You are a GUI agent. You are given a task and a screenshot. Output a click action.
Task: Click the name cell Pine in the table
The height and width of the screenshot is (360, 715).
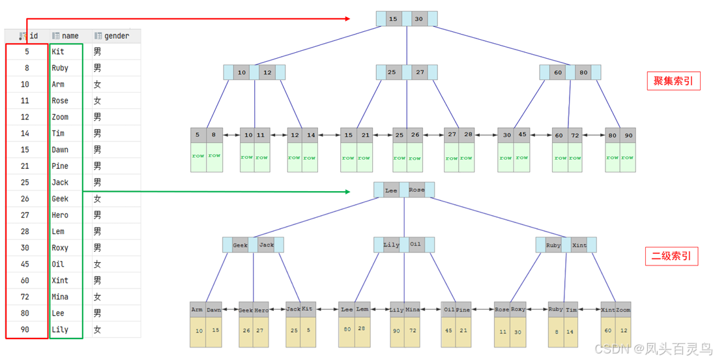[x=60, y=166]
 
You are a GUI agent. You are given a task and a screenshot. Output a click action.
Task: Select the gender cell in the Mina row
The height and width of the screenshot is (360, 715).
[x=97, y=297]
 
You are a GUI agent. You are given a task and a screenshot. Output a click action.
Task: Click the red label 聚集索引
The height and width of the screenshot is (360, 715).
[x=673, y=82]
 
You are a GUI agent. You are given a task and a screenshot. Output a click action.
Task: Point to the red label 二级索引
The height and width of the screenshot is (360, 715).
[x=671, y=256]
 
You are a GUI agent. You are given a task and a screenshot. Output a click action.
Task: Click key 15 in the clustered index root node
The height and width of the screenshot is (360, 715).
[x=393, y=19]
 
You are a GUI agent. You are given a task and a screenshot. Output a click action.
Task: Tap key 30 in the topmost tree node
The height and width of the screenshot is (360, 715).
[x=418, y=19]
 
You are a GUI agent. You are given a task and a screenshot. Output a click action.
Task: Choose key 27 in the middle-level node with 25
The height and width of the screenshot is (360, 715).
[x=420, y=72]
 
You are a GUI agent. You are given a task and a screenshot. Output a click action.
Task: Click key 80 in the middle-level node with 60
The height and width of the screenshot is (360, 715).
[x=583, y=72]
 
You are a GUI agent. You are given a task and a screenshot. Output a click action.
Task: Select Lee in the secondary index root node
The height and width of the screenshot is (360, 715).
[x=391, y=190]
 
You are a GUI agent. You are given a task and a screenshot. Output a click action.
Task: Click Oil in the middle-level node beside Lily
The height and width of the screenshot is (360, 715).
[x=415, y=245]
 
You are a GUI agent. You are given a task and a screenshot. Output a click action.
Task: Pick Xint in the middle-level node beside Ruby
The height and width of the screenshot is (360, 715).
[x=579, y=245]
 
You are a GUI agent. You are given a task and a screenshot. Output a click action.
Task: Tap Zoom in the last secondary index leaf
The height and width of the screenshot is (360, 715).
[x=623, y=310]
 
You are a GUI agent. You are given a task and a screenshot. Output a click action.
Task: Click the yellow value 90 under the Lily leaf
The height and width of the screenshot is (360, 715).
[x=396, y=331]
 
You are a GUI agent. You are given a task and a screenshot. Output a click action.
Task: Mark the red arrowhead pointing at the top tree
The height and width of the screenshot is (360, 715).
[x=349, y=19]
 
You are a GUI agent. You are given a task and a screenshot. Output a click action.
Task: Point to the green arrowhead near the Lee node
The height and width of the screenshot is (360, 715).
[x=347, y=191]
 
